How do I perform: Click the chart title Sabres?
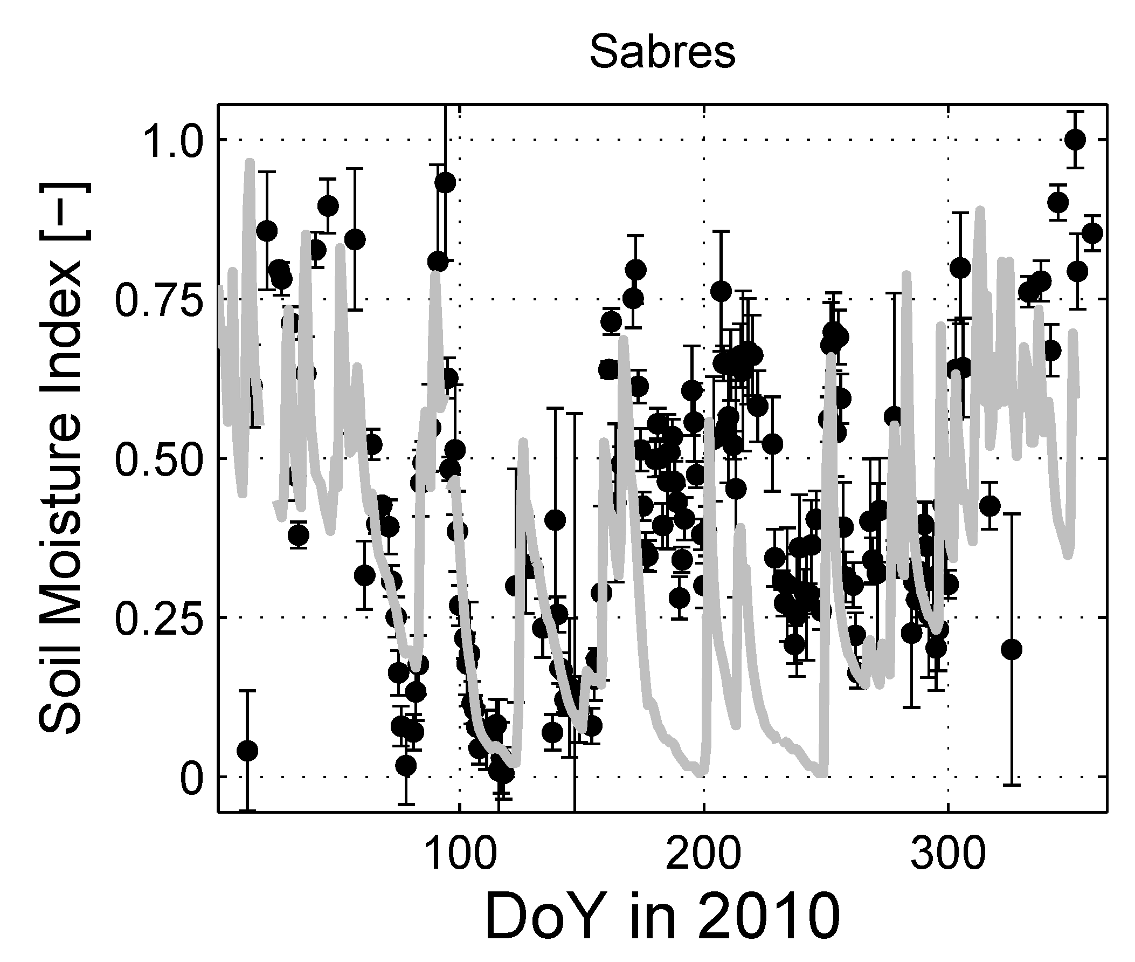click(x=662, y=52)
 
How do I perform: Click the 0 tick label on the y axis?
click(x=191, y=777)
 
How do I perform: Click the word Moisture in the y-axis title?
click(x=61, y=475)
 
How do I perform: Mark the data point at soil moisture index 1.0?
click(x=1075, y=140)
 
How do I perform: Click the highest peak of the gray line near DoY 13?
click(x=250, y=162)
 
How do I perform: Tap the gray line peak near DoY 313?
click(x=980, y=209)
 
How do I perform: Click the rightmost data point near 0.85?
click(x=1092, y=233)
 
